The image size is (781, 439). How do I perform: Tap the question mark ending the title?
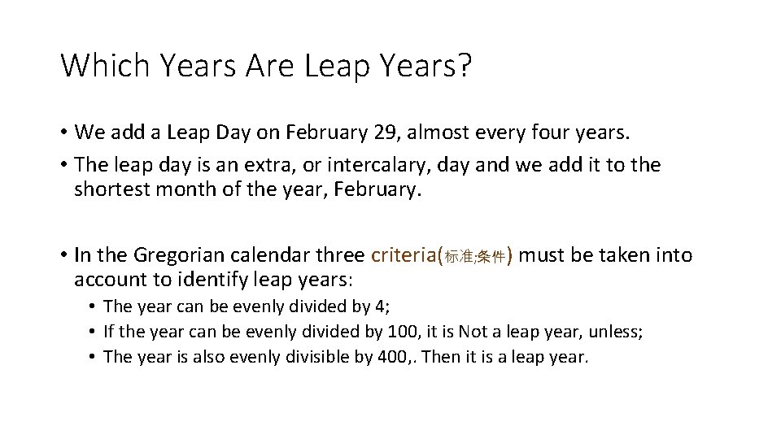point(464,65)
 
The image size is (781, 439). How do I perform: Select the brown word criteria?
point(404,255)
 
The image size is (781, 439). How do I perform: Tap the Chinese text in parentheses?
point(475,258)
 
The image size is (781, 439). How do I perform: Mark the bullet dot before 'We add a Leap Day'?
point(63,132)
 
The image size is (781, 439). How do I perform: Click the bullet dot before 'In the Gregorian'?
point(63,255)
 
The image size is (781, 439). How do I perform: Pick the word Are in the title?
point(268,65)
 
